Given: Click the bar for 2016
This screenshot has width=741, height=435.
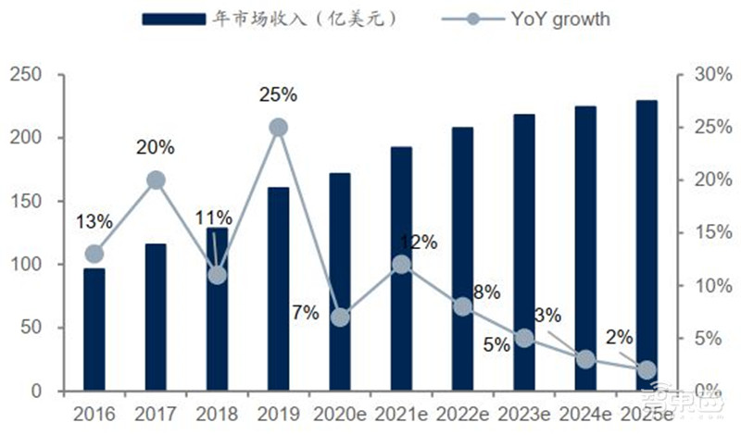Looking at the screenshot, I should [94, 329].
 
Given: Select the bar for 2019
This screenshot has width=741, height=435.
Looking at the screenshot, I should [278, 289].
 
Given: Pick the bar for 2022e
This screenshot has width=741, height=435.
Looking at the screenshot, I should [462, 259].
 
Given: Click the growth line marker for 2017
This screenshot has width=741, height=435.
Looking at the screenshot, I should [156, 180].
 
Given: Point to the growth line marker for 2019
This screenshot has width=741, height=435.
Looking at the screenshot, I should [278, 128].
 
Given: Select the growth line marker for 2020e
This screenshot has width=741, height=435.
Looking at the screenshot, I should [340, 317].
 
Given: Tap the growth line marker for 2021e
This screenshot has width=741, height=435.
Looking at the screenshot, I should [401, 265].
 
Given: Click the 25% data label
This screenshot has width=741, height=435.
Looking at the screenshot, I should [278, 94].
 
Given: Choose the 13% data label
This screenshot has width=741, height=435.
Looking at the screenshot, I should [94, 221].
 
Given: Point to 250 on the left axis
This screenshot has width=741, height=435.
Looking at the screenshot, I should [25, 75].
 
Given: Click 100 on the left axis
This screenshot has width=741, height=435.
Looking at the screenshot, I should [25, 265].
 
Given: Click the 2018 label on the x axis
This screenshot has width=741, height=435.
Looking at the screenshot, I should [217, 413].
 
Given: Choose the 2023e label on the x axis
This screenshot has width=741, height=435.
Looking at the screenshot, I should [523, 413].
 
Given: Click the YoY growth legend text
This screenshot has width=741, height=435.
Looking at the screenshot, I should [557, 19].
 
